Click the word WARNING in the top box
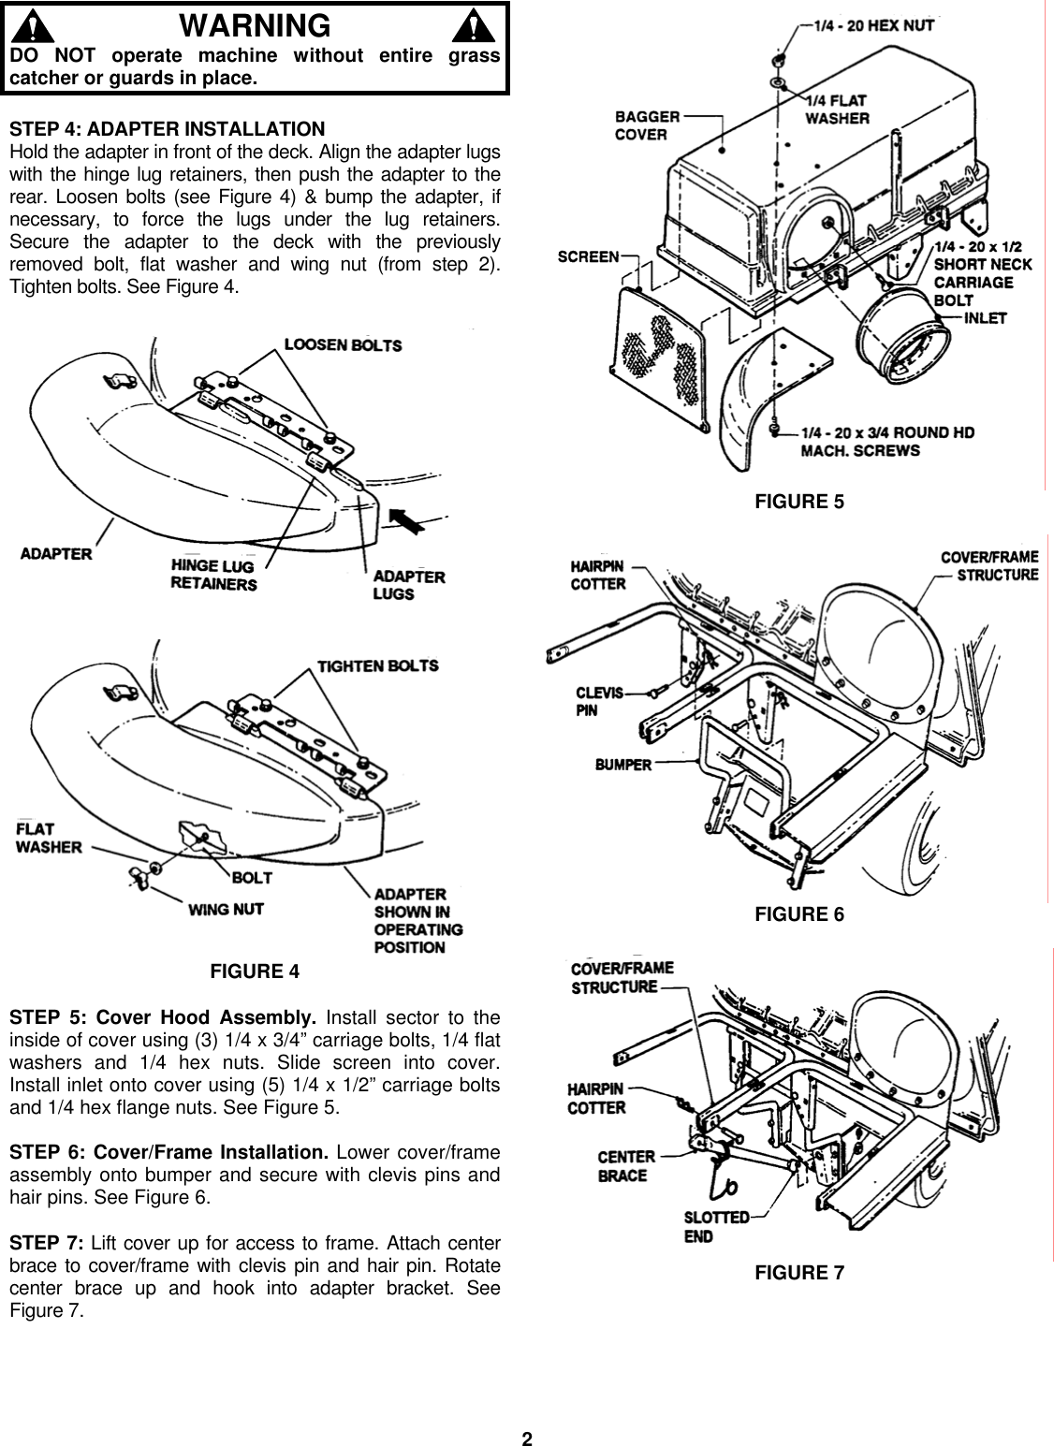[255, 24]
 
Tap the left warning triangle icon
[35, 25]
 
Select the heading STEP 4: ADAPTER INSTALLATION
[167, 128]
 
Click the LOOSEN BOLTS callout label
[343, 344]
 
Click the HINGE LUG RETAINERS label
[212, 575]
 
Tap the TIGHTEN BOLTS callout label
[377, 665]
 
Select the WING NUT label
[226, 909]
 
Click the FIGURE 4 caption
[255, 971]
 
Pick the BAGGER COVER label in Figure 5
[647, 125]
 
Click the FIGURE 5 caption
[798, 502]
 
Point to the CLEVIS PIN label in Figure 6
[599, 701]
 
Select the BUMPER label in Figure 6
[622, 765]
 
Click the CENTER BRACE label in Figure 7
[626, 1166]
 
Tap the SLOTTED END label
[717, 1227]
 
